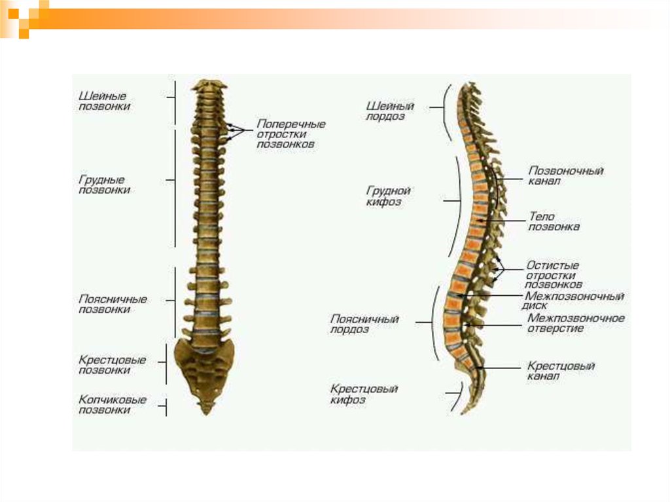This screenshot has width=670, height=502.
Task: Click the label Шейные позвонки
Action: [x=103, y=101]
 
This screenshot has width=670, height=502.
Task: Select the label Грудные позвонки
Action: [x=103, y=185]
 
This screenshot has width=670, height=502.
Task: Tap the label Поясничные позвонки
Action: [x=113, y=304]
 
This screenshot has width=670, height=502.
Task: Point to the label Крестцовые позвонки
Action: [x=112, y=365]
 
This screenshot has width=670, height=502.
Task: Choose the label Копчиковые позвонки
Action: [x=112, y=404]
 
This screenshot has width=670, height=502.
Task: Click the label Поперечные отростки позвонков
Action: [x=290, y=134]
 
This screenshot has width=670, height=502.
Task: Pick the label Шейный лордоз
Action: [x=389, y=111]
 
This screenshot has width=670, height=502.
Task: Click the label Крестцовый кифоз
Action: [x=364, y=394]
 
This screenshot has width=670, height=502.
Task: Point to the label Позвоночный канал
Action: [x=565, y=175]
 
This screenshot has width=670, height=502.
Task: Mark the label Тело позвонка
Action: [x=553, y=221]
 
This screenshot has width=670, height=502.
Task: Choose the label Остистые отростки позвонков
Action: [x=554, y=276]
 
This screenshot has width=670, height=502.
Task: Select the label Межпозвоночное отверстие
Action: [x=575, y=323]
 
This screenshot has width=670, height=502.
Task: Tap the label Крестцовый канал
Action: [x=560, y=371]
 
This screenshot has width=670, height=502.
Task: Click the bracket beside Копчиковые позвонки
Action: [x=166, y=406]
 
